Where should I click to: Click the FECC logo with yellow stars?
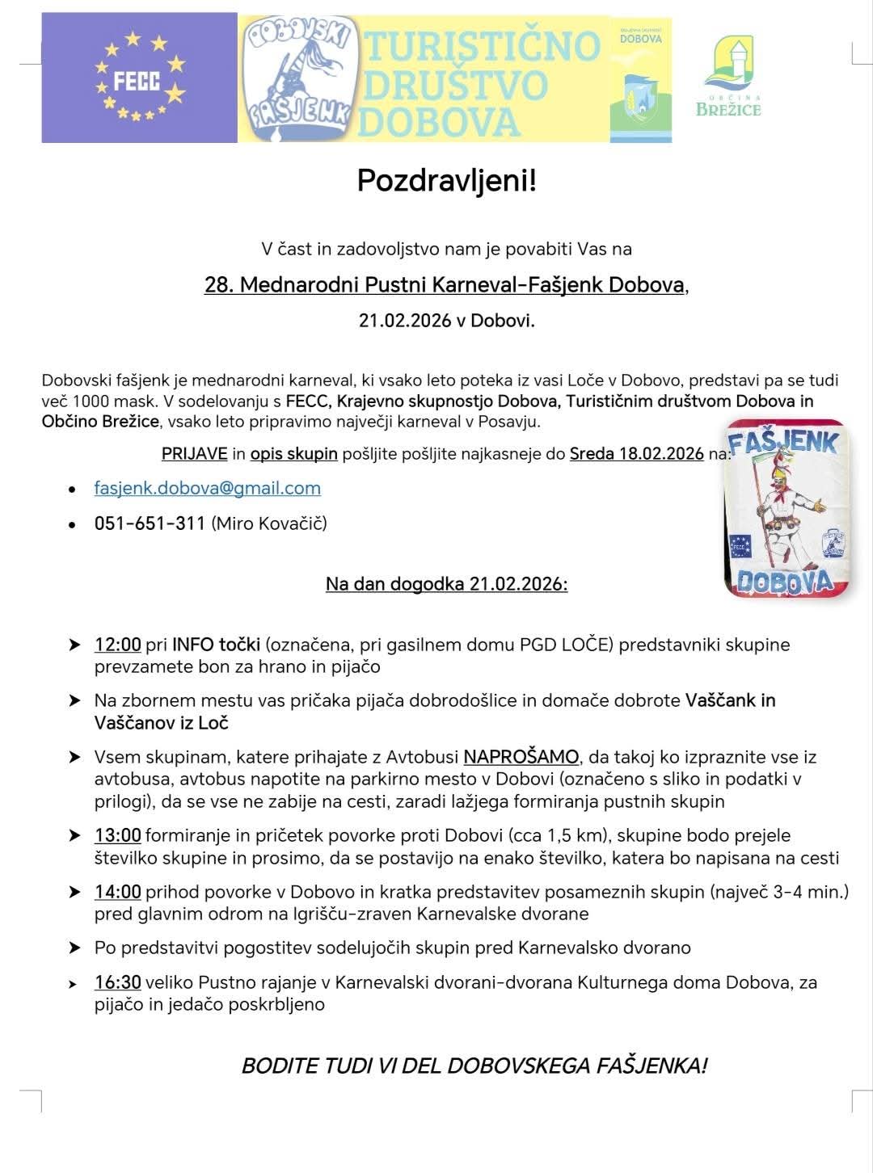click(x=139, y=78)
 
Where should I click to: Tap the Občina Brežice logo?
click(x=728, y=78)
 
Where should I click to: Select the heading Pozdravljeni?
click(x=446, y=180)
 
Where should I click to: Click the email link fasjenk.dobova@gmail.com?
click(x=208, y=488)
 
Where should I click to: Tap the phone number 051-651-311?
click(x=150, y=523)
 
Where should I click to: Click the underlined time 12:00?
click(x=118, y=645)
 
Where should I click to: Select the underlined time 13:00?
click(x=118, y=835)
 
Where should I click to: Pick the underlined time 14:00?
click(x=118, y=892)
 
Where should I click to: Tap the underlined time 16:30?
click(x=118, y=982)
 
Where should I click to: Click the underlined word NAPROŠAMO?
click(x=521, y=757)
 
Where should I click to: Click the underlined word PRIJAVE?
click(x=195, y=453)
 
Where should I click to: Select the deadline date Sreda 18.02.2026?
click(x=637, y=453)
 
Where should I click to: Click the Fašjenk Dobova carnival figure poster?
click(x=785, y=508)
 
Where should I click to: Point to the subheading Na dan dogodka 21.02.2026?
click(x=446, y=583)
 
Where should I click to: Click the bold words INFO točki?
click(x=216, y=645)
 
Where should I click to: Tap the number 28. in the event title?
click(x=219, y=285)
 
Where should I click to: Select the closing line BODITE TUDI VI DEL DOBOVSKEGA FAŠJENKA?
click(x=474, y=1065)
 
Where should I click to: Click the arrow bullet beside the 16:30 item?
click(x=74, y=984)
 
